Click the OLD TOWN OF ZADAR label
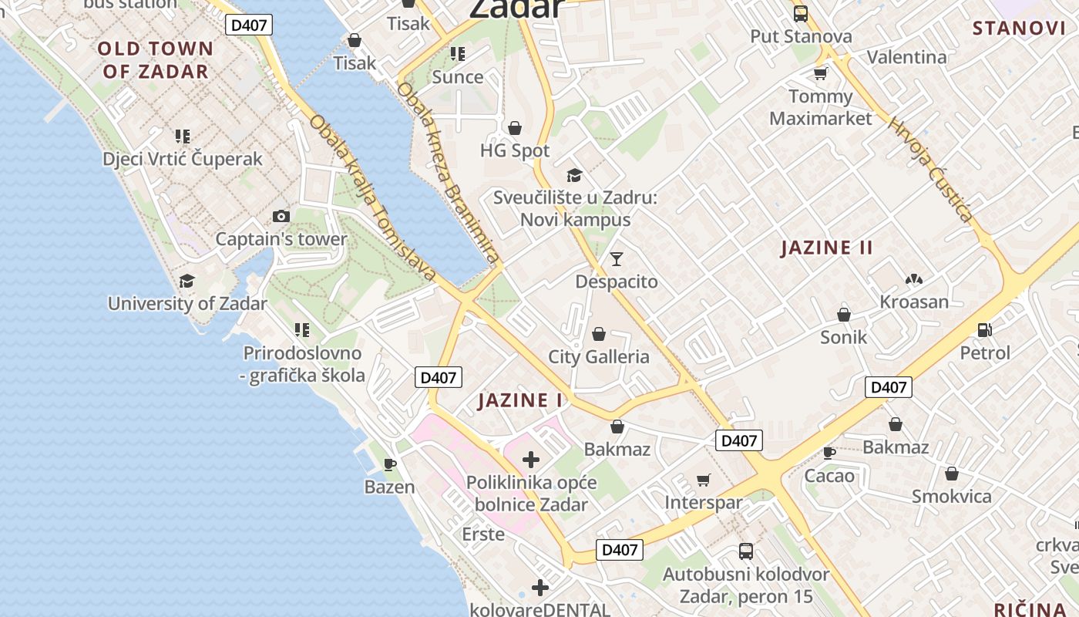click(155, 60)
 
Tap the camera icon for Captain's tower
click(281, 217)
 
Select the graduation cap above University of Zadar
click(187, 281)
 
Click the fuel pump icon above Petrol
click(984, 330)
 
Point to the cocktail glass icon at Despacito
click(617, 259)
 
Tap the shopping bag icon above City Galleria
click(598, 334)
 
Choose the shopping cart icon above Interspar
click(703, 480)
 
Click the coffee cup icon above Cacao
click(829, 453)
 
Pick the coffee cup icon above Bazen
click(389, 464)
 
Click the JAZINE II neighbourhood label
click(826, 248)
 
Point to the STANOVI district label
click(1018, 29)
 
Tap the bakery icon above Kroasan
click(914, 279)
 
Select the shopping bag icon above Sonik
click(844, 315)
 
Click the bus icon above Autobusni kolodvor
click(746, 551)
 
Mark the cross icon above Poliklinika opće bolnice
click(531, 460)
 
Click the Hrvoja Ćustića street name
click(930, 170)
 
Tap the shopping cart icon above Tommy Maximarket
click(821, 74)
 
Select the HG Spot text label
click(515, 150)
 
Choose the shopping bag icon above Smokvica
click(952, 474)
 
